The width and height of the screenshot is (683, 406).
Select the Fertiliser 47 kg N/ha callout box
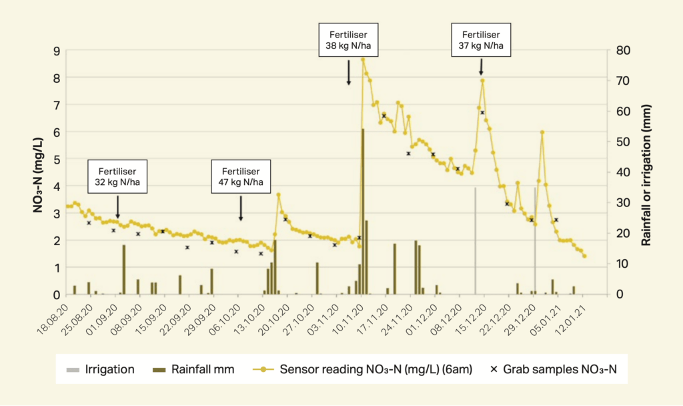(x=241, y=176)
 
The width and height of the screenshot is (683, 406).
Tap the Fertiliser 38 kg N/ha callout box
(x=348, y=41)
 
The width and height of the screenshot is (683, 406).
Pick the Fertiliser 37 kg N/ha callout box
(x=481, y=40)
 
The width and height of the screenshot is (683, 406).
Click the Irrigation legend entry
(x=101, y=369)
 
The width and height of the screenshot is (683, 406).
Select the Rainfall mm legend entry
(x=193, y=369)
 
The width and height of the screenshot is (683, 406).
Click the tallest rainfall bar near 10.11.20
(x=363, y=211)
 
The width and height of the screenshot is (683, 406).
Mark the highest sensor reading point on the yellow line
(x=363, y=59)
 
